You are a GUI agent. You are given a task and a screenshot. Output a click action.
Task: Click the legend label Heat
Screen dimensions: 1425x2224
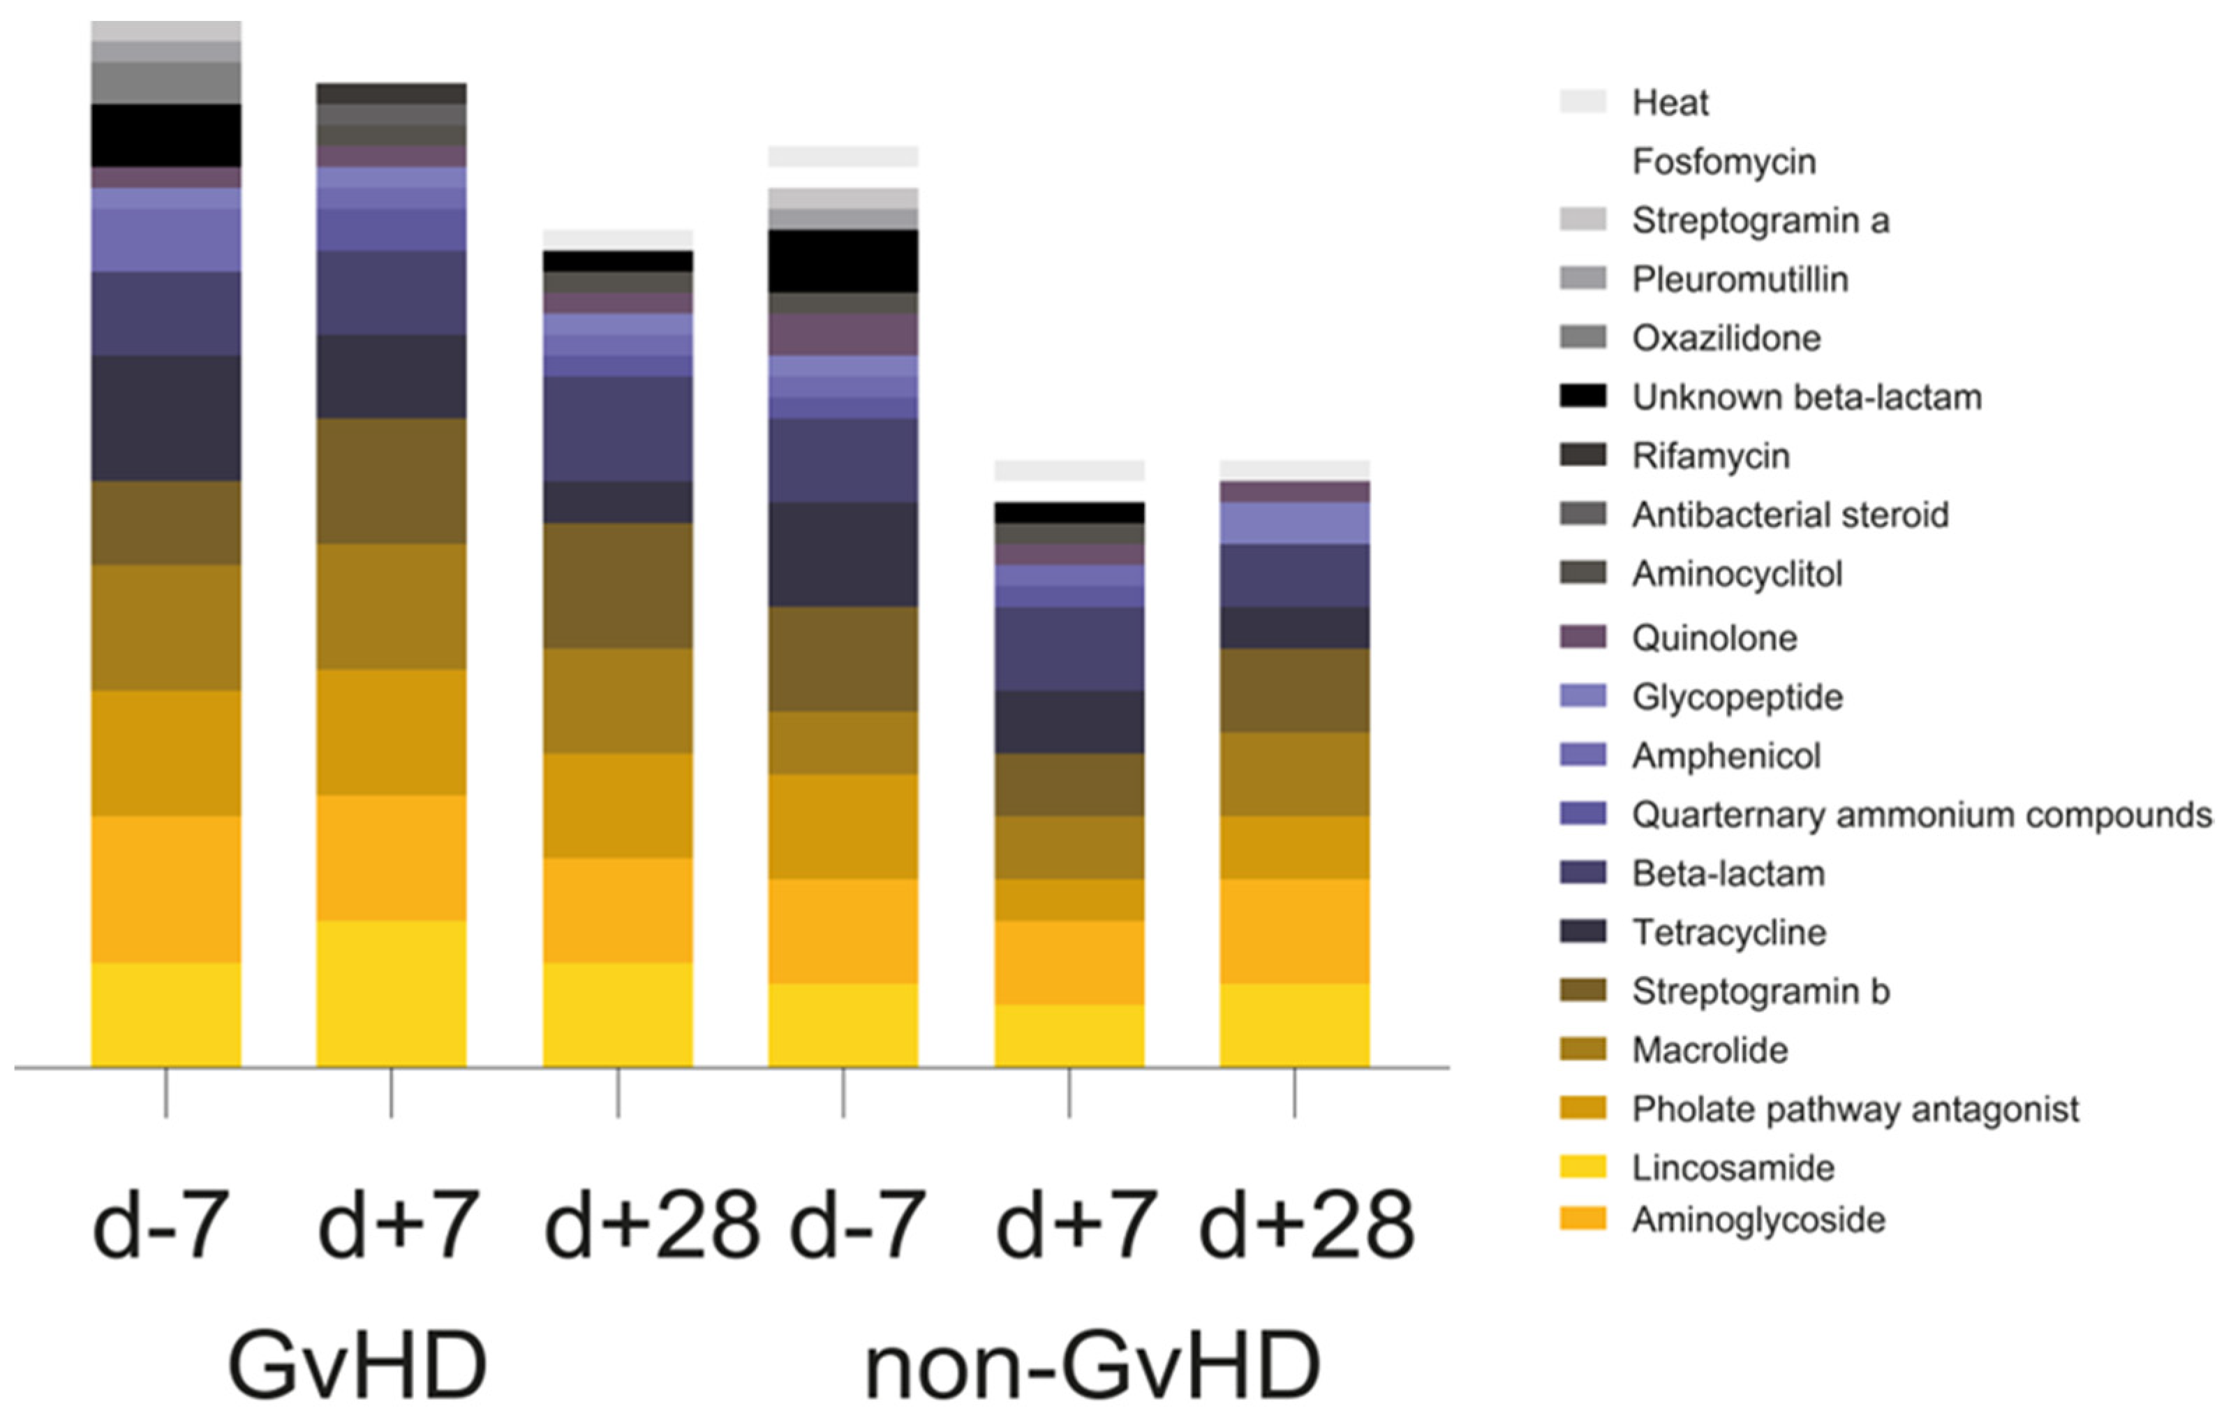[x=1669, y=103]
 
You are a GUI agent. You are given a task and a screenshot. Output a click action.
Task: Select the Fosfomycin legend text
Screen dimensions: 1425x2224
[x=1723, y=162]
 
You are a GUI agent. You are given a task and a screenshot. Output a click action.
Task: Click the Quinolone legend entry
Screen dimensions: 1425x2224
[x=1713, y=638]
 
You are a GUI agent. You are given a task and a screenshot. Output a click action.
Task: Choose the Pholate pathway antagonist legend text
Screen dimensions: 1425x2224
[x=1855, y=1109]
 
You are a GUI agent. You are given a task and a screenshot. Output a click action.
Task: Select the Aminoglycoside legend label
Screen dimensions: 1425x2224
[x=1758, y=1220]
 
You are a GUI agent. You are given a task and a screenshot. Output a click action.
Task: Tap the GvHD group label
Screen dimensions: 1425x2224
[x=357, y=1366]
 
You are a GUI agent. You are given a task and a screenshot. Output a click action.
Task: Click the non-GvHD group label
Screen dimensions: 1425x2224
[x=1092, y=1366]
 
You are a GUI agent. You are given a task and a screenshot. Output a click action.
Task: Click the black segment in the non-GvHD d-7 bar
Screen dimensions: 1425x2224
[x=843, y=261]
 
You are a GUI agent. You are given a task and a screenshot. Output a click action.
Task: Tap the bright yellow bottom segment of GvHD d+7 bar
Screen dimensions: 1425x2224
[x=392, y=993]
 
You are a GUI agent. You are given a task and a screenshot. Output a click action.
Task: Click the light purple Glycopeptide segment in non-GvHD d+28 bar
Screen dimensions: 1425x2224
[x=1294, y=523]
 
